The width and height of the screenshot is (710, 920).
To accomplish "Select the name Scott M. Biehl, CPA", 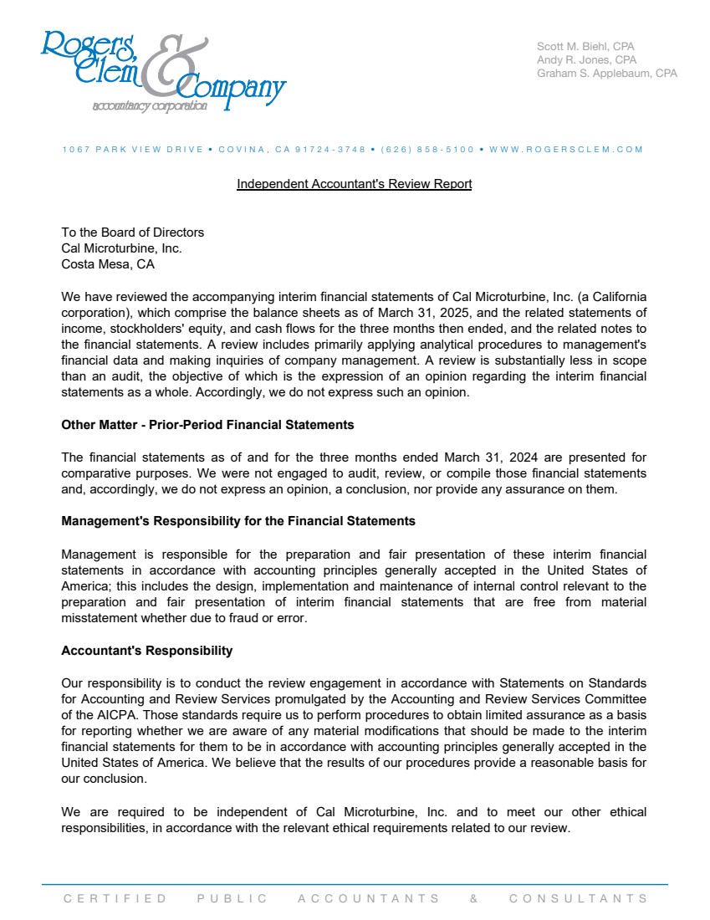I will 586,46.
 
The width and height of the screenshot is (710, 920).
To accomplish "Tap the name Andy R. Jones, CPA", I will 586,59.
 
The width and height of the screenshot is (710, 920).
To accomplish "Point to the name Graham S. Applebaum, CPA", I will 606,73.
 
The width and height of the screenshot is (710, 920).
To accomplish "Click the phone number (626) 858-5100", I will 427,150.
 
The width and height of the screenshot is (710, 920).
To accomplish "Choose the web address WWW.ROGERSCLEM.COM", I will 566,150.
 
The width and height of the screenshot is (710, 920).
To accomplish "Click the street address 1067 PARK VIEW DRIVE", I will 132,150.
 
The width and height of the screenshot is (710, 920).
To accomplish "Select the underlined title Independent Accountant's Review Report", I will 354,184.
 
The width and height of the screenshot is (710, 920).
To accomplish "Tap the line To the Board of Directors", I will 132,233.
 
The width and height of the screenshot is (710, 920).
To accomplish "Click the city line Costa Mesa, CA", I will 108,264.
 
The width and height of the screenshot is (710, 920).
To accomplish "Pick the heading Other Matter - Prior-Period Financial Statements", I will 207,425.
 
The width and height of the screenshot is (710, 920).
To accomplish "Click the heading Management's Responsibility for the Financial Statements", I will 238,521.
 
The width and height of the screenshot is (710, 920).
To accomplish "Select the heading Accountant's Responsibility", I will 147,651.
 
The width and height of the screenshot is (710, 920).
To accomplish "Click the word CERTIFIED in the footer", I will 115,899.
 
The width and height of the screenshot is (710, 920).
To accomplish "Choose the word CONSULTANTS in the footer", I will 578,899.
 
